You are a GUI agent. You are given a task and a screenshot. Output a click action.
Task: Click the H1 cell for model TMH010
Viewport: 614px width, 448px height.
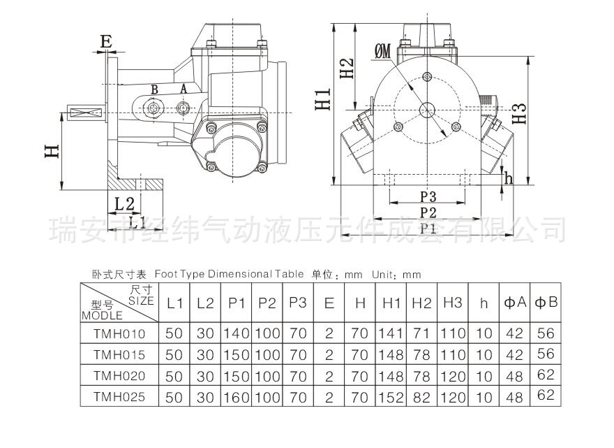(x=392, y=334)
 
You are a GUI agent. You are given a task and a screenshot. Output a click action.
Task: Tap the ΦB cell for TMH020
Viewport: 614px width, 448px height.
(x=546, y=375)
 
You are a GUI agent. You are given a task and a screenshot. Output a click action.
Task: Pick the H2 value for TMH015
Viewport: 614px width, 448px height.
(x=421, y=355)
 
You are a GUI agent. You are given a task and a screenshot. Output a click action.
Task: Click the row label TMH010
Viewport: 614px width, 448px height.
(x=119, y=334)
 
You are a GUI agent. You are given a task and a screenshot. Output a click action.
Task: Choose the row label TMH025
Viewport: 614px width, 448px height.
(x=119, y=397)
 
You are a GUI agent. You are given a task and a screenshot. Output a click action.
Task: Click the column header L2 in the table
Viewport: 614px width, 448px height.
(x=205, y=303)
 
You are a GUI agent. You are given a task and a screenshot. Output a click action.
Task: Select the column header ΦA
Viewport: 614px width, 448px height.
(x=514, y=303)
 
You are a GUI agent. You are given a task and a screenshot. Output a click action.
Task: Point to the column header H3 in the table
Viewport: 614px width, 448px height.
(x=452, y=303)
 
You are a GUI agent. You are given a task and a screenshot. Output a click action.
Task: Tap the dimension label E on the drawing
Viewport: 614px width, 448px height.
(x=106, y=42)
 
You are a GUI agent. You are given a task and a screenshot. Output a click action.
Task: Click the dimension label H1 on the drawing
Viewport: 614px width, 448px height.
(x=322, y=99)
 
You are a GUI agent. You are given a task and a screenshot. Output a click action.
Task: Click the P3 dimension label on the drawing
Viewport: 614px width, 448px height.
(x=428, y=195)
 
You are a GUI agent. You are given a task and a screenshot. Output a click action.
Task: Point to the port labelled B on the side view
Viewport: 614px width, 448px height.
(x=155, y=89)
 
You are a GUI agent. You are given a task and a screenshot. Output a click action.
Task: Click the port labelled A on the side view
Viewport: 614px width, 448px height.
(x=184, y=89)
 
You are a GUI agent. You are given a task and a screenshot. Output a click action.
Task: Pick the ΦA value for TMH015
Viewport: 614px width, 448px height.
(x=514, y=355)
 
